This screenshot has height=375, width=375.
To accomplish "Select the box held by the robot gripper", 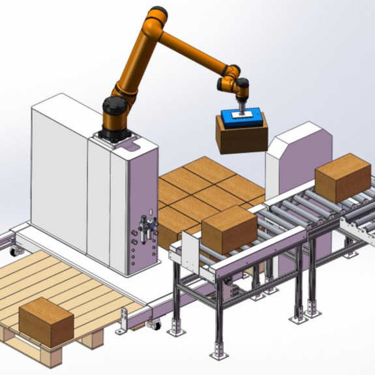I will click(241, 138).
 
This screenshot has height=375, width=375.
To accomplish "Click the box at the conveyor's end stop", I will click(228, 229).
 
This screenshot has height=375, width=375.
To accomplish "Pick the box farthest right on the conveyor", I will click(343, 177).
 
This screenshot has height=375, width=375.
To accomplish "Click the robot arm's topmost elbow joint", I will click(155, 19).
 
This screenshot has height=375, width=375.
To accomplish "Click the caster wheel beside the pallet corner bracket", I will click(154, 323).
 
